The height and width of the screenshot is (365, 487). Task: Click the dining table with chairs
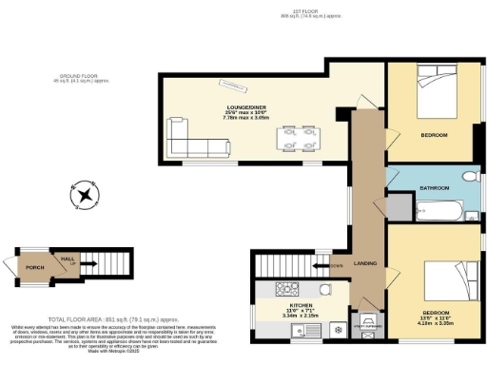click(x=295, y=139)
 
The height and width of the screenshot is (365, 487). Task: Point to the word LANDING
click(x=364, y=263)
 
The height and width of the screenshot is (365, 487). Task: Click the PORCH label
click(x=34, y=267)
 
